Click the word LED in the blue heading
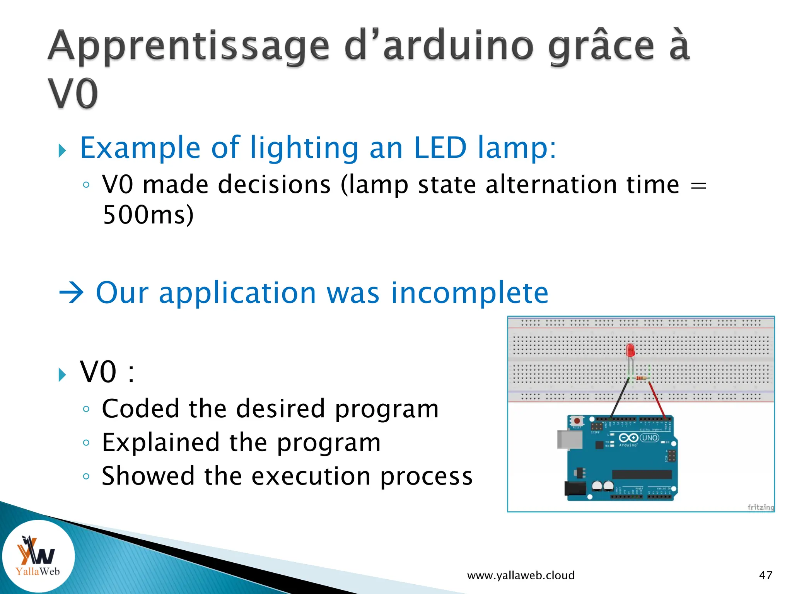click(440, 148)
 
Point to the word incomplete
click(469, 293)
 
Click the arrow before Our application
click(72, 293)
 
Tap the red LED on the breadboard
click(630, 350)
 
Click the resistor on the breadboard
click(641, 378)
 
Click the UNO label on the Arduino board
click(649, 438)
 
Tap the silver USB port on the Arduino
click(569, 440)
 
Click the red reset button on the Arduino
click(577, 420)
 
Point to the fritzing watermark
click(760, 507)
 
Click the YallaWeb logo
click(38, 556)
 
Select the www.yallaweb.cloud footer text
click(521, 575)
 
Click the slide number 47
click(765, 575)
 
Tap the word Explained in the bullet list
click(160, 443)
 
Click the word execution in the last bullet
click(311, 476)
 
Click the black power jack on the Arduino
click(575, 488)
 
